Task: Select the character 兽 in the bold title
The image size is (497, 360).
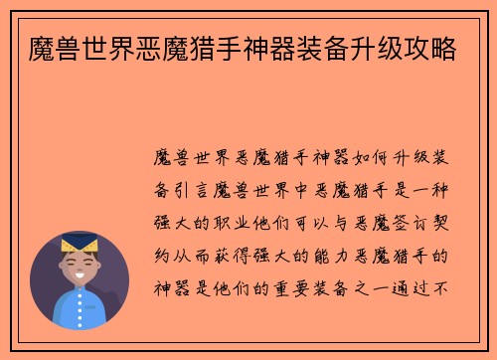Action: coord(70,45)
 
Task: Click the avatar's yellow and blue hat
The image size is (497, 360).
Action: coord(79,245)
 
